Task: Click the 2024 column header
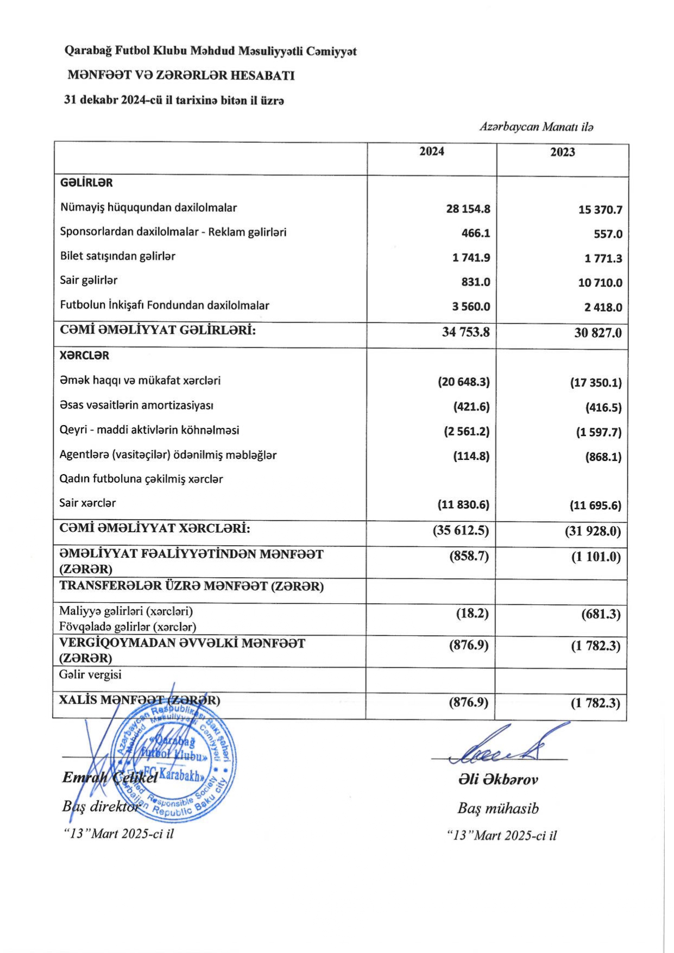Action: pyautogui.click(x=431, y=152)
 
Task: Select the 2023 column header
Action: pyautogui.click(x=562, y=152)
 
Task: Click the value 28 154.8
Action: pyautogui.click(x=468, y=209)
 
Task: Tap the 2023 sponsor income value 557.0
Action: pyautogui.click(x=608, y=234)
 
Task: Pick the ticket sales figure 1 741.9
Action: pyautogui.click(x=471, y=257)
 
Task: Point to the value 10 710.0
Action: pyautogui.click(x=600, y=282)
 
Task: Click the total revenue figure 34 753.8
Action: pyautogui.click(x=465, y=332)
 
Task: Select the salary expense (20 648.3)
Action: pyautogui.click(x=464, y=382)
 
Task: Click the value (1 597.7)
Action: pyautogui.click(x=599, y=432)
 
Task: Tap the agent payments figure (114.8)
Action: pyautogui.click(x=471, y=456)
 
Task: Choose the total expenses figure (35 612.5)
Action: pyautogui.click(x=461, y=530)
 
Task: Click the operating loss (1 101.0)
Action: pyautogui.click(x=595, y=557)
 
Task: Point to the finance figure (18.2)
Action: pyautogui.click(x=472, y=614)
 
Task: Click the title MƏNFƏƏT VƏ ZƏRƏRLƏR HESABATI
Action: pyautogui.click(x=181, y=75)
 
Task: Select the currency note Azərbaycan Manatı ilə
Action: pyautogui.click(x=536, y=127)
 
